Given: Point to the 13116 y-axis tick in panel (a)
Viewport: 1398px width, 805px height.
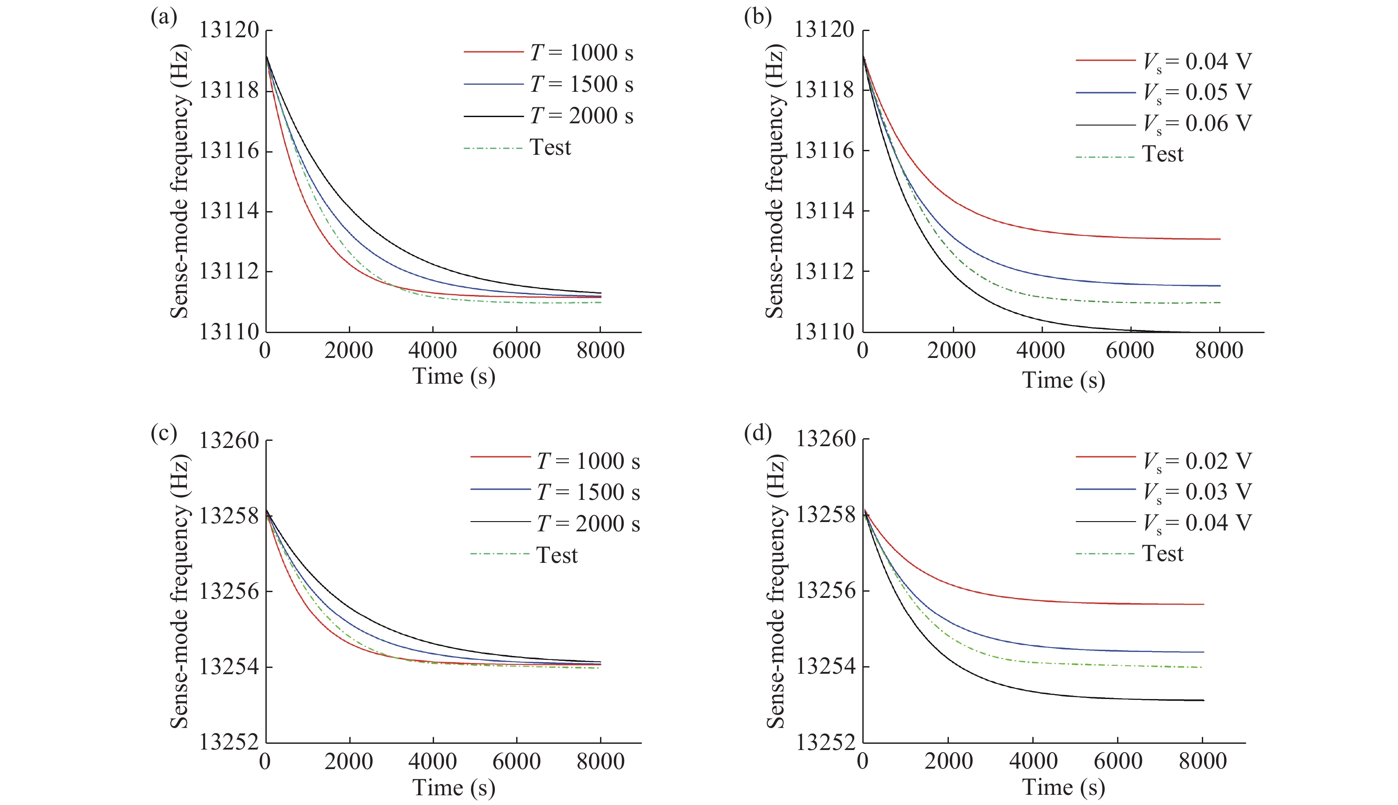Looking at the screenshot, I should (x=229, y=150).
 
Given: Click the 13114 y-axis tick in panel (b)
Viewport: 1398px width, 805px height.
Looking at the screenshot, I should (x=824, y=211).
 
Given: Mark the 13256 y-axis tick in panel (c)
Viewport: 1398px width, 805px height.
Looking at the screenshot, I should (x=229, y=592).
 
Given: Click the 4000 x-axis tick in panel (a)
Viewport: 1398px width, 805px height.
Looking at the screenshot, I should (x=433, y=350).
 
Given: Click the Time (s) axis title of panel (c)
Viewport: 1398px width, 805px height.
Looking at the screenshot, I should (x=454, y=787).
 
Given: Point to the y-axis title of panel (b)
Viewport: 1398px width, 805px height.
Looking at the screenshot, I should (x=774, y=182).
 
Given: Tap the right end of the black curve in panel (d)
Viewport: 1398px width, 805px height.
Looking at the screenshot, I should (x=1203, y=700).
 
